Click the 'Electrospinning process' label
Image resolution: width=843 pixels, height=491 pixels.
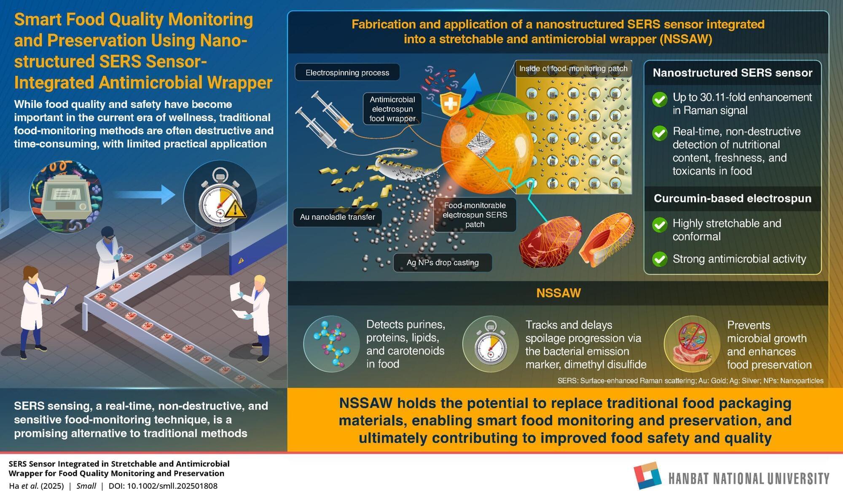click(347, 72)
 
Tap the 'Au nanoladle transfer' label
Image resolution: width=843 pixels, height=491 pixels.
click(337, 217)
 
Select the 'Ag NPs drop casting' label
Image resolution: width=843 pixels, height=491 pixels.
click(443, 263)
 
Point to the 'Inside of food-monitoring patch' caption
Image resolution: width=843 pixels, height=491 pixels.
click(573, 68)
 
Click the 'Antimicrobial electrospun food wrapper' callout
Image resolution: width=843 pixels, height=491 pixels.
click(392, 109)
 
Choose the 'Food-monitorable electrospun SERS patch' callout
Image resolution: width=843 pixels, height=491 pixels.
click(475, 215)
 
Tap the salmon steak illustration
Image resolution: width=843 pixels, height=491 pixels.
click(607, 239)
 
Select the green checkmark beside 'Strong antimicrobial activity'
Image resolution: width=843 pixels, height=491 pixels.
click(660, 259)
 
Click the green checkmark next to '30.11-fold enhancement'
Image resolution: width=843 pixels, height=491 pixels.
click(660, 99)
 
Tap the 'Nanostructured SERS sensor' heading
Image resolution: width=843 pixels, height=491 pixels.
click(733, 72)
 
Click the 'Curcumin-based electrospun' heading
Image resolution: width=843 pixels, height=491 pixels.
click(733, 199)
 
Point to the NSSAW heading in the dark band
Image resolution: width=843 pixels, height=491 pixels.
click(558, 293)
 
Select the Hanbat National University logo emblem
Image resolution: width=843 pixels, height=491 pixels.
click(648, 476)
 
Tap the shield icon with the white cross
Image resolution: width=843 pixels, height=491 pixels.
click(450, 104)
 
